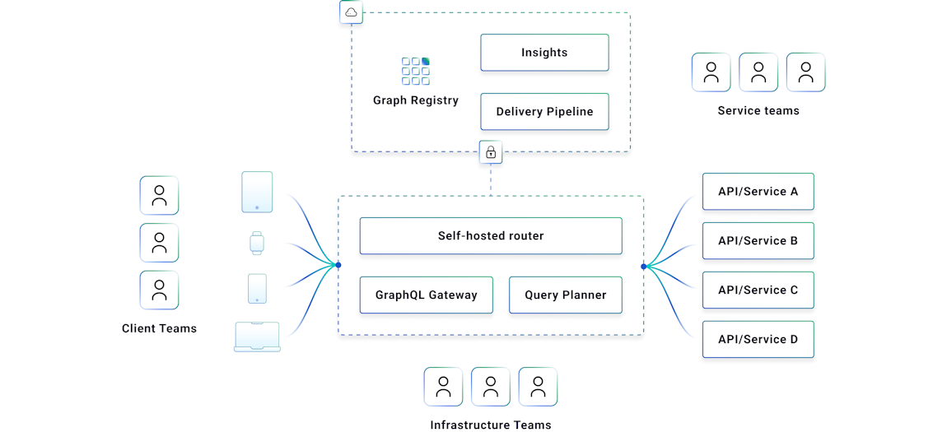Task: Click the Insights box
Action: pos(544,53)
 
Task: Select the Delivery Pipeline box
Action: pos(544,112)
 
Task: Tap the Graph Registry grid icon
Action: pos(416,71)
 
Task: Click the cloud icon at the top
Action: pos(351,12)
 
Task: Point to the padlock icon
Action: pos(491,152)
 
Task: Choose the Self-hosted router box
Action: pos(491,236)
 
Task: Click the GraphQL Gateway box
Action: pos(426,295)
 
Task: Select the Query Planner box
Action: pos(565,295)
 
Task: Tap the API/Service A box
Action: pos(758,192)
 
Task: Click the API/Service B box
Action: pos(758,241)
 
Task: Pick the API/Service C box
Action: pos(758,290)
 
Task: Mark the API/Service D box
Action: pos(758,339)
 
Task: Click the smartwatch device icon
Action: pos(257,243)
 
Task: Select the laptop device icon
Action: pos(257,337)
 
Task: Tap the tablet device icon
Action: pos(257,192)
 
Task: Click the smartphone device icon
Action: pos(257,289)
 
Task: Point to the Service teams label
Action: pos(758,111)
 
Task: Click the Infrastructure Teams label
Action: pos(491,425)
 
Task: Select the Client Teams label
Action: pos(159,329)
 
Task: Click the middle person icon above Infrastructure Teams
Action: pos(491,387)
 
